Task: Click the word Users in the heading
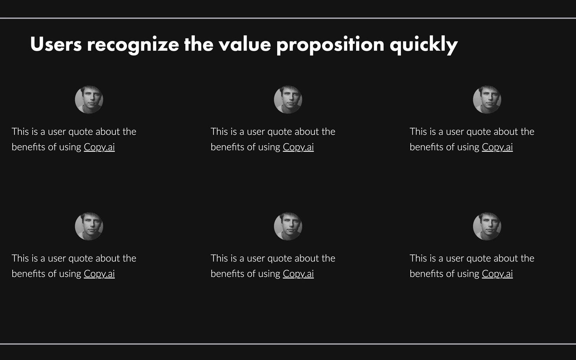click(x=56, y=44)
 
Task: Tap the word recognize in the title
click(x=133, y=45)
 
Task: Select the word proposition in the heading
click(x=330, y=45)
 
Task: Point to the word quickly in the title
click(x=424, y=45)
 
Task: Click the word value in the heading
click(x=245, y=44)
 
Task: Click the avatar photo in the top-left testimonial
click(x=89, y=100)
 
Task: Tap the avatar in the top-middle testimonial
click(x=288, y=100)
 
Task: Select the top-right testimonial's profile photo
click(x=487, y=100)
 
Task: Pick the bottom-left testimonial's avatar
click(x=89, y=227)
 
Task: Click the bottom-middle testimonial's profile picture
click(x=288, y=227)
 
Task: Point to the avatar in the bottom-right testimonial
click(x=487, y=227)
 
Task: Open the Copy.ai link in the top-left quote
click(x=99, y=147)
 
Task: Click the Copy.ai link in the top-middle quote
click(x=298, y=147)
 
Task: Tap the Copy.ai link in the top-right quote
click(x=497, y=147)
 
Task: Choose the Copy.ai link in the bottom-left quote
click(x=99, y=274)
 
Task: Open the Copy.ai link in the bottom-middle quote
click(x=298, y=274)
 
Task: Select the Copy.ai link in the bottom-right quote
click(x=497, y=274)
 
